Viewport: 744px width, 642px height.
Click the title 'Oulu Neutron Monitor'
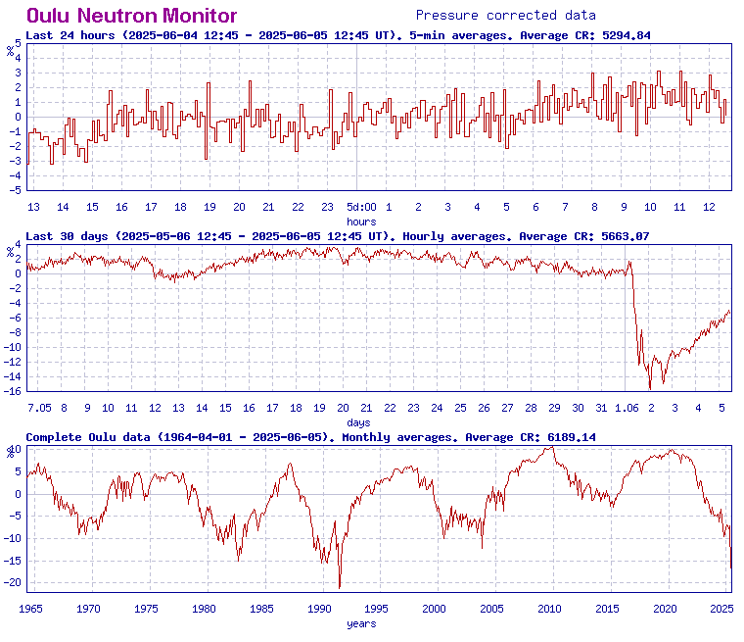pyautogui.click(x=131, y=16)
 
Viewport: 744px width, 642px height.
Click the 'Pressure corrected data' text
pyautogui.click(x=505, y=16)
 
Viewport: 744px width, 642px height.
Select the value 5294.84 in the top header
pyautogui.click(x=622, y=35)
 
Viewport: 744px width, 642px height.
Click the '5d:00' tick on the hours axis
pyautogui.click(x=361, y=207)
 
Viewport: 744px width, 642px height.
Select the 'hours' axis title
pyautogui.click(x=361, y=222)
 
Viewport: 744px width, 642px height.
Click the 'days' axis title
pyautogui.click(x=358, y=422)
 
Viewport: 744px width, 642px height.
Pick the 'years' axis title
pyautogui.click(x=361, y=623)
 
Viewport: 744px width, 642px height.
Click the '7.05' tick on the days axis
pyautogui.click(x=39, y=408)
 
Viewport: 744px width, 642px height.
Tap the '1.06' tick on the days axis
pyautogui.click(x=627, y=408)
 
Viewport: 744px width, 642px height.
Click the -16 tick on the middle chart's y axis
pyautogui.click(x=14, y=392)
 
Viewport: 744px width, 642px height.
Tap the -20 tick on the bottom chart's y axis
pyautogui.click(x=14, y=582)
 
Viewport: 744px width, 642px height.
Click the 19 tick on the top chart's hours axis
pyautogui.click(x=209, y=207)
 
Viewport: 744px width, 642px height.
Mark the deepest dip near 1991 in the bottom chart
pyautogui.click(x=340, y=587)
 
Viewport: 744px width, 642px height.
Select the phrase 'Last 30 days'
pyautogui.click(x=67, y=236)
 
